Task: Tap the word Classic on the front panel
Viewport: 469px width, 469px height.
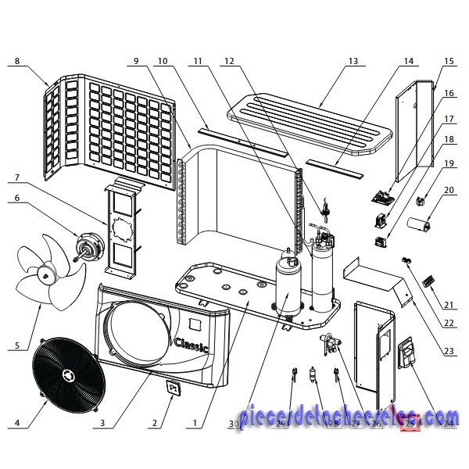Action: coord(191,344)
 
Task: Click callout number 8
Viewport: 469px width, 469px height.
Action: coord(17,59)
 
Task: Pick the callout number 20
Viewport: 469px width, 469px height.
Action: coord(449,189)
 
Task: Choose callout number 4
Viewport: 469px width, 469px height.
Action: coord(17,424)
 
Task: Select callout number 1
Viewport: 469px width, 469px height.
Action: coord(193,424)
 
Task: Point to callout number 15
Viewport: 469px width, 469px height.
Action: coord(449,59)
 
